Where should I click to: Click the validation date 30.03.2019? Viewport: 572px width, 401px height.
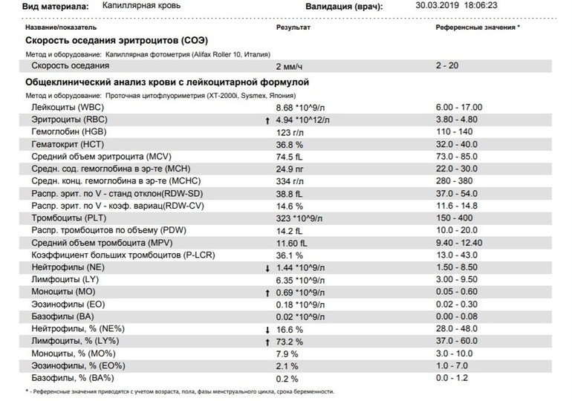click(438, 5)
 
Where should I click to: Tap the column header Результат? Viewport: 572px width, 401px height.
click(293, 27)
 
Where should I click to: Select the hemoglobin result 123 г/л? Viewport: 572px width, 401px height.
click(290, 132)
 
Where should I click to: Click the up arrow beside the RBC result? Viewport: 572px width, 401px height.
click(267, 120)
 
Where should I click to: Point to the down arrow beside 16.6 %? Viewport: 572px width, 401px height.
click(267, 330)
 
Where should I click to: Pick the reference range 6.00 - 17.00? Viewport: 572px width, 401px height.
click(459, 107)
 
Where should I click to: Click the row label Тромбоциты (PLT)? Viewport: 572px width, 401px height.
click(68, 218)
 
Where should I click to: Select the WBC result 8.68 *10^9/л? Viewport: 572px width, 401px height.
click(300, 108)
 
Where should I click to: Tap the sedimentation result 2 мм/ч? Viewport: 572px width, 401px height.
click(289, 66)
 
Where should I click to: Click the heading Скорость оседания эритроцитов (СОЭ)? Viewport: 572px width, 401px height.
click(117, 40)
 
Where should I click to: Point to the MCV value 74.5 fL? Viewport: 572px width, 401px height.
click(289, 157)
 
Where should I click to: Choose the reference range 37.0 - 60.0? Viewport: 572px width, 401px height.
click(457, 341)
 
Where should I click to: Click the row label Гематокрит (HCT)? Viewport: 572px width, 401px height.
click(68, 144)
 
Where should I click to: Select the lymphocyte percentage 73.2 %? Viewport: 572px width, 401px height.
click(289, 342)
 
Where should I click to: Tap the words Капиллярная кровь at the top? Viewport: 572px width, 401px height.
click(141, 5)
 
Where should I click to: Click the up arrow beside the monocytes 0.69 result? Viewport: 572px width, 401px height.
click(267, 293)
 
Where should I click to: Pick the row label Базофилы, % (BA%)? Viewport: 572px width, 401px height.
click(73, 378)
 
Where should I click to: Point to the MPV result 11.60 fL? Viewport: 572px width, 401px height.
click(291, 243)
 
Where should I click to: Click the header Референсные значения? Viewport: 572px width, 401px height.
click(475, 27)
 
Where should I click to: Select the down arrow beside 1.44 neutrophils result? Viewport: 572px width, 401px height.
click(267, 269)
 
